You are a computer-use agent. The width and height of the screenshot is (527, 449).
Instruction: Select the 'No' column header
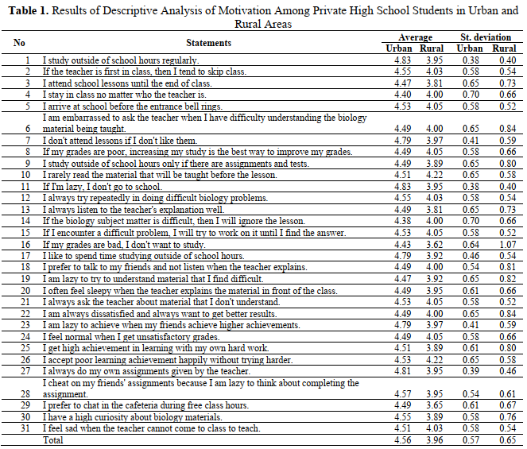tap(19, 43)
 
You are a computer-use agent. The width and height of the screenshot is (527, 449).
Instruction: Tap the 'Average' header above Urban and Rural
tap(415, 37)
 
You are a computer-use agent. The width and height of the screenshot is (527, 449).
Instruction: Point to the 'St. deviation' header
tap(481, 37)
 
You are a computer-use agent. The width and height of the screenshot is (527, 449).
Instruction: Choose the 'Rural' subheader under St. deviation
tap(503, 48)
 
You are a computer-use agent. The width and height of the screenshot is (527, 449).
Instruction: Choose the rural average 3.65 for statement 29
tap(434, 404)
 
